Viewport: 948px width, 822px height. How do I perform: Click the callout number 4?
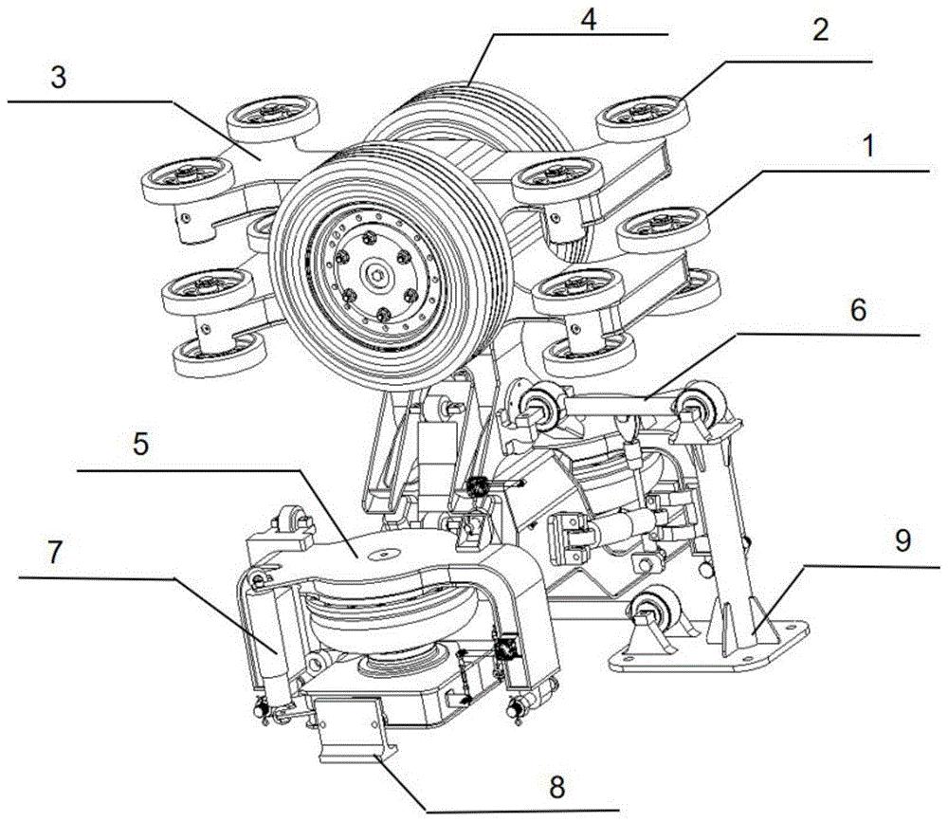pyautogui.click(x=589, y=20)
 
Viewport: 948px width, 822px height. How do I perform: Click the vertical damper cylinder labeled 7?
pyautogui.click(x=271, y=644)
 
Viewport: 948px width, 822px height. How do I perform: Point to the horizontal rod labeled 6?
pyautogui.click(x=616, y=407)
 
